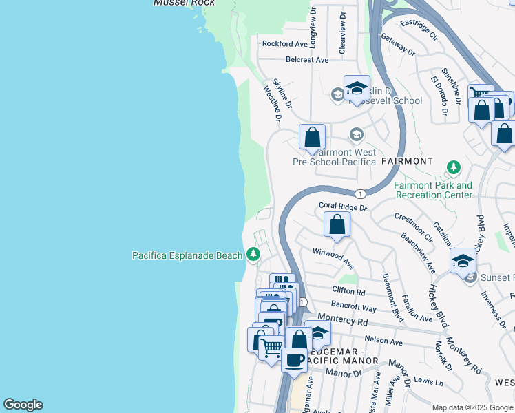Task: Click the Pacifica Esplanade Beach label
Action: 187,255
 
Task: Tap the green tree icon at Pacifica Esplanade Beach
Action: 253,255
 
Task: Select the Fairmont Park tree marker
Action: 453,167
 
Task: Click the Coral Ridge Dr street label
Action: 343,206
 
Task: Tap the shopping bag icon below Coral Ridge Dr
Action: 337,224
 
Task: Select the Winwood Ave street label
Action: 333,259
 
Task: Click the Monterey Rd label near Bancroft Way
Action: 363,321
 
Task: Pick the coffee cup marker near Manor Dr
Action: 295,360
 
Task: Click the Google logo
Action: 23,405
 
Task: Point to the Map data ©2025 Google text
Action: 472,407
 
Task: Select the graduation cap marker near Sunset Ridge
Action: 463,261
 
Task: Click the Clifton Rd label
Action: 347,290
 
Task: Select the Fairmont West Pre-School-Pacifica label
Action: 334,157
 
